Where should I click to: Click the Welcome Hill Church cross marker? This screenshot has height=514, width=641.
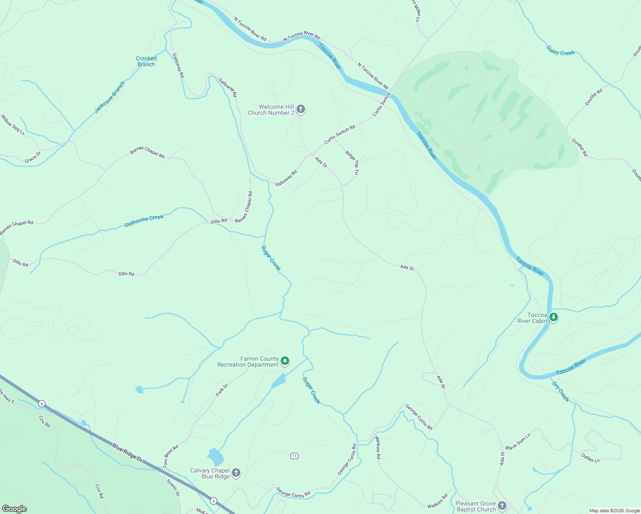pyautogui.click(x=301, y=109)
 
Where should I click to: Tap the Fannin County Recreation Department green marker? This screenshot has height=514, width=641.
pyautogui.click(x=285, y=362)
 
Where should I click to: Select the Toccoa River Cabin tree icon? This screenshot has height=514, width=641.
pyautogui.click(x=554, y=317)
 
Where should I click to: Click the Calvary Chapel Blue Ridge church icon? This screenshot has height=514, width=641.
pyautogui.click(x=236, y=473)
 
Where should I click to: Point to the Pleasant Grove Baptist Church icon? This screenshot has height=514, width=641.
pyautogui.click(x=502, y=506)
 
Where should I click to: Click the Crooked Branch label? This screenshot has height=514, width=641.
pyautogui.click(x=146, y=61)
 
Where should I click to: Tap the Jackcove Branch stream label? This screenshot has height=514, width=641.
pyautogui.click(x=110, y=97)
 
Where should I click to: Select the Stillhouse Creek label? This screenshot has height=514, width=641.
pyautogui.click(x=144, y=221)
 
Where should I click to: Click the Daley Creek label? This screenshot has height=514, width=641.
pyautogui.click(x=560, y=51)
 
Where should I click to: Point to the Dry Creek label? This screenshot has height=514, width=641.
pyautogui.click(x=561, y=391)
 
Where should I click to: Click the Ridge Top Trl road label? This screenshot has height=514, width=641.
pyautogui.click(x=352, y=163)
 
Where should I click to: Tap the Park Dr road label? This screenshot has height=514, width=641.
pyautogui.click(x=222, y=390)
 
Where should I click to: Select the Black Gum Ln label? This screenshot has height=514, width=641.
pyautogui.click(x=518, y=442)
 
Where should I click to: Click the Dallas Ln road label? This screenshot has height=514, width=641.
pyautogui.click(x=590, y=457)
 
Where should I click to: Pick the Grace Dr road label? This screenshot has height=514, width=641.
pyautogui.click(x=33, y=157)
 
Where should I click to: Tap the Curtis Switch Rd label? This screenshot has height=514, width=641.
pyautogui.click(x=339, y=134)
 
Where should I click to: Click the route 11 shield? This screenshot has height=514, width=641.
pyautogui.click(x=294, y=456)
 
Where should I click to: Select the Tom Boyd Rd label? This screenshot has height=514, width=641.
pyautogui.click(x=171, y=456)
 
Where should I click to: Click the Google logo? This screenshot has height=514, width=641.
pyautogui.click(x=14, y=508)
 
